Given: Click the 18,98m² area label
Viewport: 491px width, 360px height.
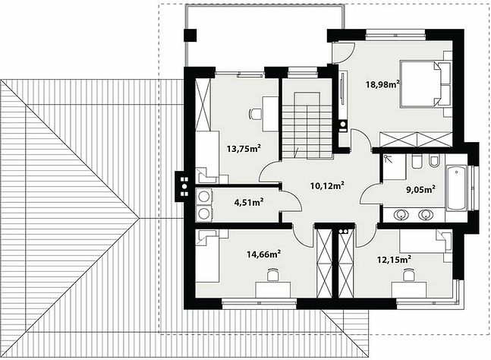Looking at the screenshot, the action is click(x=382, y=84).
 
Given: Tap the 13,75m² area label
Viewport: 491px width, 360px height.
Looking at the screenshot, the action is click(x=244, y=148).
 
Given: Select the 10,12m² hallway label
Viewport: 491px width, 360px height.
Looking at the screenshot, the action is click(x=328, y=185).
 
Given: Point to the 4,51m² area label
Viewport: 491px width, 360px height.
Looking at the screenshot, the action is click(x=249, y=202).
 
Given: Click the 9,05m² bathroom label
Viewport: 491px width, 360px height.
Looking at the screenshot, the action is click(x=420, y=189).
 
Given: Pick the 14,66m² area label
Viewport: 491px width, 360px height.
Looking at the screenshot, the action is click(x=263, y=254).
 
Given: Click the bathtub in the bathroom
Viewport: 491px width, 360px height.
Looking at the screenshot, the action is click(x=457, y=188).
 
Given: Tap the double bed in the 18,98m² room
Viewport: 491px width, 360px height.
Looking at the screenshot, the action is click(x=425, y=84).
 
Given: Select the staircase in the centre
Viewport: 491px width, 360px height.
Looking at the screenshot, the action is click(x=307, y=125).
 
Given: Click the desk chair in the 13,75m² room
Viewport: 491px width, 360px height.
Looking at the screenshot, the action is click(x=255, y=114).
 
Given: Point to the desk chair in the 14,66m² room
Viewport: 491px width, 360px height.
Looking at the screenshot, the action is click(x=273, y=275).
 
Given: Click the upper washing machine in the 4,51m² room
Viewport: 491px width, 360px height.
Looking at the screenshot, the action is click(x=204, y=197).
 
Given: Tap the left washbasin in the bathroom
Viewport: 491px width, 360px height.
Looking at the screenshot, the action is click(x=401, y=215).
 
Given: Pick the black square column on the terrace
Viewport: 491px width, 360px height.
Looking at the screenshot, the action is click(x=190, y=35).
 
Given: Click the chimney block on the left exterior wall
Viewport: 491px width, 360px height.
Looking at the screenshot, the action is click(x=181, y=187).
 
